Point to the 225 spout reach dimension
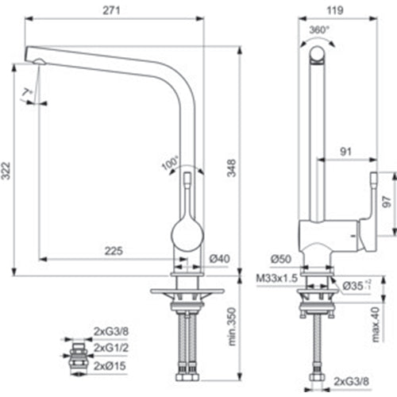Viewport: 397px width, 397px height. (113, 252)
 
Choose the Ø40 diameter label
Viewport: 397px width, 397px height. (220, 259)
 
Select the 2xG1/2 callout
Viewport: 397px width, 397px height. (112, 348)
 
